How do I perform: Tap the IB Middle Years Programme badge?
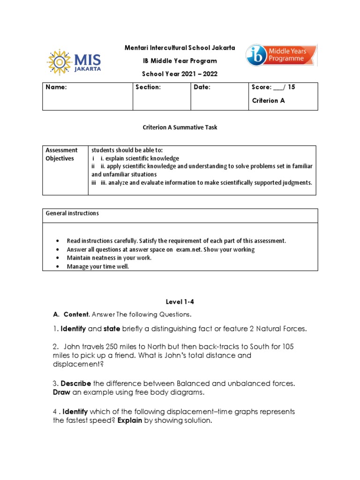tap(281, 55)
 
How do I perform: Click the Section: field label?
tap(148, 87)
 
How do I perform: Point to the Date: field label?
tap(202, 87)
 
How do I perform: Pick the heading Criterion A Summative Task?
tap(180, 127)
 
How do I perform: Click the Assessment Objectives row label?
tap(61, 154)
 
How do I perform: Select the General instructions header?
tap(72, 213)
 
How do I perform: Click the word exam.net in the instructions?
tap(190, 249)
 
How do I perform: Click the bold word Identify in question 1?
tap(73, 329)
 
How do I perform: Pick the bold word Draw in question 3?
tap(61, 392)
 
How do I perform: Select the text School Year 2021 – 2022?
tap(180, 74)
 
